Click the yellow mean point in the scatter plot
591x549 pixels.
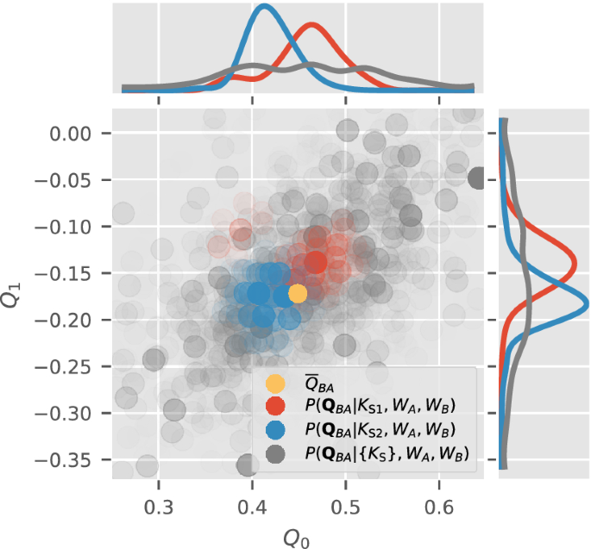pos(298,294)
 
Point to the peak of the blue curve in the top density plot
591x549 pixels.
pos(264,7)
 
